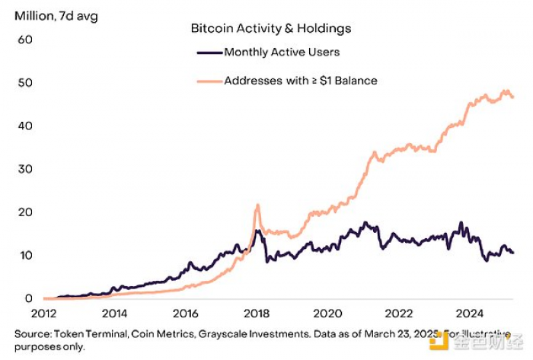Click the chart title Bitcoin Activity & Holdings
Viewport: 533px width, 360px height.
tap(270, 29)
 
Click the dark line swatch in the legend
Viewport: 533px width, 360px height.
tap(209, 53)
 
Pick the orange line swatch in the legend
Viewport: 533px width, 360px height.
tap(209, 80)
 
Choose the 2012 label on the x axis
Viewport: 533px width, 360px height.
tap(43, 314)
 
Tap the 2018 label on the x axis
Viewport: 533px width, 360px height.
tap(257, 314)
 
